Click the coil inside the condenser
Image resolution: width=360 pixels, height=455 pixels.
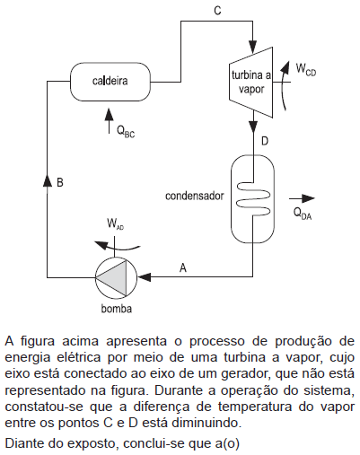click(x=253, y=198)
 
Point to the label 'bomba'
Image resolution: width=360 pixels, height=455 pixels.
click(x=117, y=309)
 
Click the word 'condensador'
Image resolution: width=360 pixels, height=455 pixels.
click(x=195, y=196)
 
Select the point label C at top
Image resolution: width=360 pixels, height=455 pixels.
click(x=217, y=11)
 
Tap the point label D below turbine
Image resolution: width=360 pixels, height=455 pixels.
click(x=265, y=141)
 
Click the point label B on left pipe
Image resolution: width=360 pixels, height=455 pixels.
click(x=60, y=182)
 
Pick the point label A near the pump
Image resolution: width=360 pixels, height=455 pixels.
click(x=183, y=267)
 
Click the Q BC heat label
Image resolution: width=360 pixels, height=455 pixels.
click(x=126, y=131)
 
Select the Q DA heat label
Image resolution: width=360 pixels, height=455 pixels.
click(x=303, y=214)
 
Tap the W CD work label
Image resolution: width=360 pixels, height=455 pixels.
click(x=306, y=69)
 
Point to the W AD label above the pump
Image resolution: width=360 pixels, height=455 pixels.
click(x=115, y=224)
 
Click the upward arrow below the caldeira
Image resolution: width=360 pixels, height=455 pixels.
click(x=109, y=121)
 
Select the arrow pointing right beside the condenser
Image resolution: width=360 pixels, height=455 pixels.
click(x=302, y=198)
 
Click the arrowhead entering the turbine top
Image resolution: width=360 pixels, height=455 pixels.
click(x=253, y=48)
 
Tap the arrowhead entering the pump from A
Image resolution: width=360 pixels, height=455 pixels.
click(x=144, y=277)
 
